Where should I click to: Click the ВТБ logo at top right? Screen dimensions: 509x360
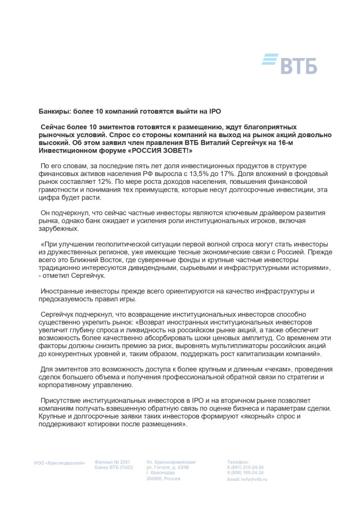point(290,64)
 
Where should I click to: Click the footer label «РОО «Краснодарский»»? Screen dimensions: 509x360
point(59,463)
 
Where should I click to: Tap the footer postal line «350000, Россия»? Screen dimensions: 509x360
point(163,478)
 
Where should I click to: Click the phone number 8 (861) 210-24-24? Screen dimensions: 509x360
point(245,467)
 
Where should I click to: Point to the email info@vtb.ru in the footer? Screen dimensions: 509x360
point(247,479)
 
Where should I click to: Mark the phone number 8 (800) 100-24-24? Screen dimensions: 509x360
point(245,473)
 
